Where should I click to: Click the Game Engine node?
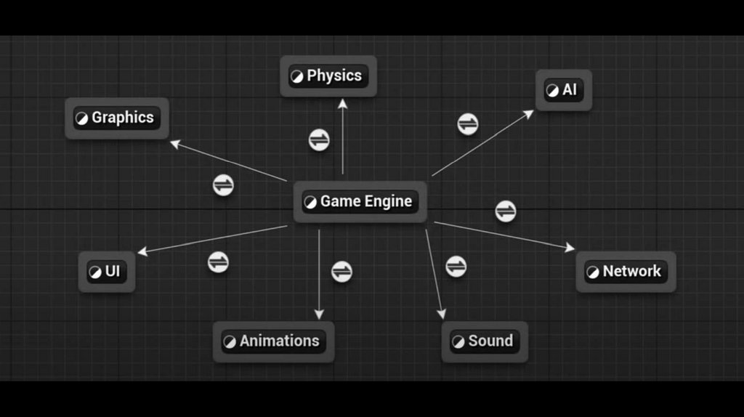coord(360,202)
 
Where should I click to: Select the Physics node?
coord(328,76)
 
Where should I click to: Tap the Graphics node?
coord(117,118)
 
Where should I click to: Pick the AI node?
coord(564,90)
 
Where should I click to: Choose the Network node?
coord(626,272)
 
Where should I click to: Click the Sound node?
coord(485,341)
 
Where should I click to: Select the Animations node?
coord(273,341)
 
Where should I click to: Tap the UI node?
coord(107,272)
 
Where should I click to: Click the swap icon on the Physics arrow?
coord(319,139)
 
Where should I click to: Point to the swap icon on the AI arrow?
coord(468,124)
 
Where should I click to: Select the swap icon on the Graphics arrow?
coord(223,185)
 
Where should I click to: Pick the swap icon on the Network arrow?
coord(506,211)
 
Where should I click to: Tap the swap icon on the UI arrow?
coord(218,262)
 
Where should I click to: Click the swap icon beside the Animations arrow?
coord(341,272)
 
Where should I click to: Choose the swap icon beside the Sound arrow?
coord(456,267)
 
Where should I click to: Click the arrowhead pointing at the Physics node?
coord(342,103)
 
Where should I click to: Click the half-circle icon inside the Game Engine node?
coord(310,202)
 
